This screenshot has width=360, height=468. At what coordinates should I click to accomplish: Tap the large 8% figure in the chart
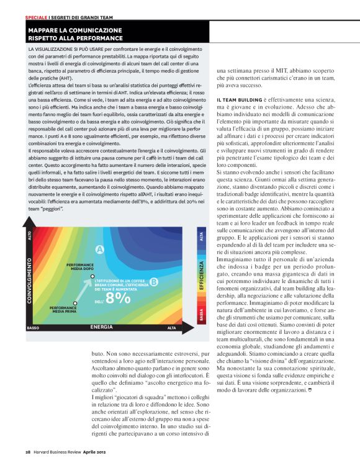[118, 298]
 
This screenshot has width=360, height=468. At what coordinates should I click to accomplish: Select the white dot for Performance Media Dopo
[92, 276]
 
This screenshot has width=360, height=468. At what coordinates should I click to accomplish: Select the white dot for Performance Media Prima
[75, 302]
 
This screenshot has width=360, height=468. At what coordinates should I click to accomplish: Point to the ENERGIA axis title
[101, 326]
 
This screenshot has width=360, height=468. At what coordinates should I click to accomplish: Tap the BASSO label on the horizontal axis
[34, 327]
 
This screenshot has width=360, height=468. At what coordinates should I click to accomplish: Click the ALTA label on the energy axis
[171, 327]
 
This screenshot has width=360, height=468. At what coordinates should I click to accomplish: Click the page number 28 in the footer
[29, 452]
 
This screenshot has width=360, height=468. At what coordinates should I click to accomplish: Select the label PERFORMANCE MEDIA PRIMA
[63, 308]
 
